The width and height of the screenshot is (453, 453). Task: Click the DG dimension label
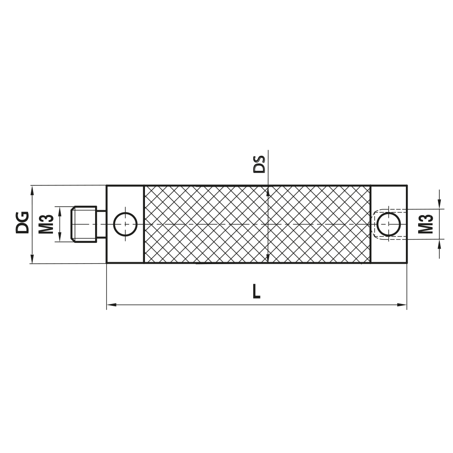[22, 222]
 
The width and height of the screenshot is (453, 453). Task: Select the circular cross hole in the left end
[125, 224]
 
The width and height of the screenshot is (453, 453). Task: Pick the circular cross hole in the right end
[389, 224]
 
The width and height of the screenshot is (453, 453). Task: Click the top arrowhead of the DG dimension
[32, 189]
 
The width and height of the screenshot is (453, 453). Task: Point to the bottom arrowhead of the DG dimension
[32, 259]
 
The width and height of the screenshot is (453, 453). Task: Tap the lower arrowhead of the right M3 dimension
[439, 245]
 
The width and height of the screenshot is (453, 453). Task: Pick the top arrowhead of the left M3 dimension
[58, 210]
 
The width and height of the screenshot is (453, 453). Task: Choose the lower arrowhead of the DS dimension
[269, 258]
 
